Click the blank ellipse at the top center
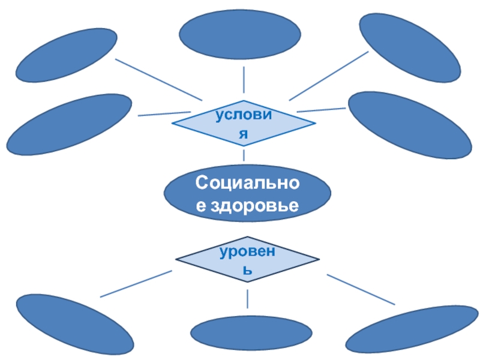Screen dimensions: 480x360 point(240,35)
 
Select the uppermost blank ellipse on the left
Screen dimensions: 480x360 point(66,55)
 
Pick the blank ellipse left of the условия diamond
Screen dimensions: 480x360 point(69,124)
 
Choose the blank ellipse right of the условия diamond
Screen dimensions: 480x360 point(410,125)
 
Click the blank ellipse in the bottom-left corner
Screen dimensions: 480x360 point(74,325)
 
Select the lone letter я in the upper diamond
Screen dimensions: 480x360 point(244,135)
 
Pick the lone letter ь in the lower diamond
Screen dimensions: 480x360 point(247,271)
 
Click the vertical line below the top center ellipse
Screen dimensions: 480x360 point(244,79)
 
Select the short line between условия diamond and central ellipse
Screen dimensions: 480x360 point(244,154)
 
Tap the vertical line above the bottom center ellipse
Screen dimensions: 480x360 point(248,299)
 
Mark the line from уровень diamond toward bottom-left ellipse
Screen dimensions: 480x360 point(136,284)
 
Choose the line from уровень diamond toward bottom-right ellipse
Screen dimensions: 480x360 point(361,290)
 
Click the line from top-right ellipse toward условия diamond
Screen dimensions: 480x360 point(328,76)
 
